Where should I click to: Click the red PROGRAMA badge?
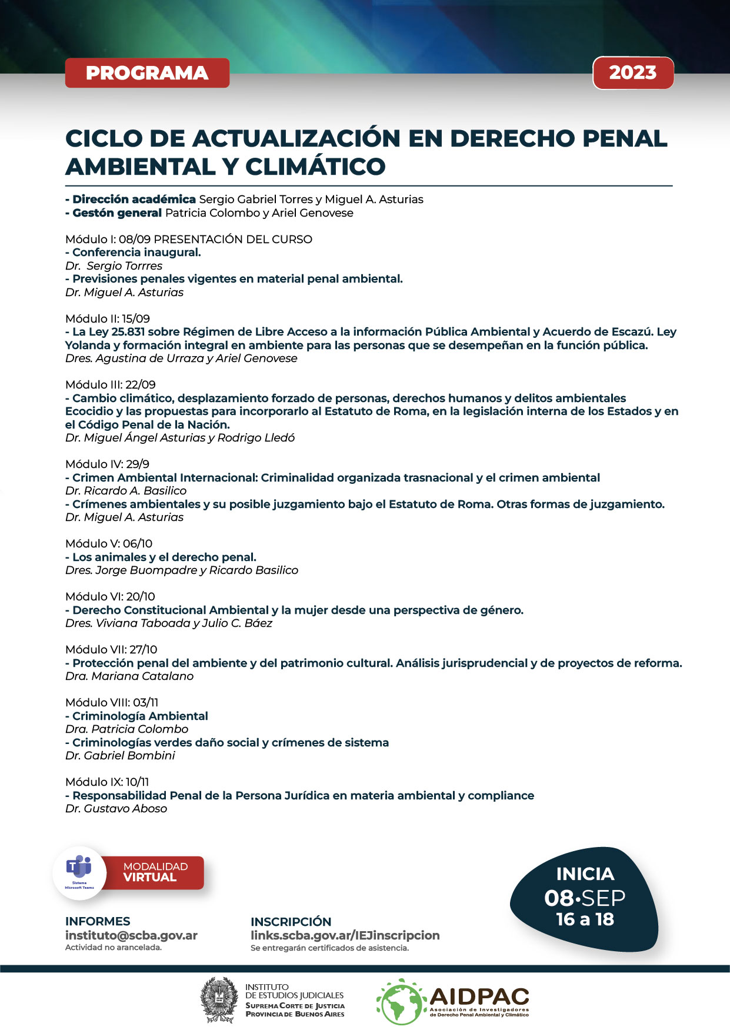point(147,73)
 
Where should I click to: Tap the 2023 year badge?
point(632,73)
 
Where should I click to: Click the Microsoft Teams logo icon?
point(79,868)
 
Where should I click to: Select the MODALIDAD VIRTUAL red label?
point(155,872)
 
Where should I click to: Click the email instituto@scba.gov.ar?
point(131,935)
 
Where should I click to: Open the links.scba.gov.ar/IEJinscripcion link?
point(345,935)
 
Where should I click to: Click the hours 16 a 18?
point(585,919)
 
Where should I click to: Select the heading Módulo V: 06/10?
point(109,543)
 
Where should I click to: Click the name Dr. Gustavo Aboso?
point(116,809)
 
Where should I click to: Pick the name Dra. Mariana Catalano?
point(129,676)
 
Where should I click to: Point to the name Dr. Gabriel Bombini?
point(120,756)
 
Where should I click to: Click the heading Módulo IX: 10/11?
point(107,782)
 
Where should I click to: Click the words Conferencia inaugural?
point(136,253)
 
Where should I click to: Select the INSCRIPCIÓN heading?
point(291,922)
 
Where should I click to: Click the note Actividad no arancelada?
point(113,948)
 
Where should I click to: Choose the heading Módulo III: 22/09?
point(111,384)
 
